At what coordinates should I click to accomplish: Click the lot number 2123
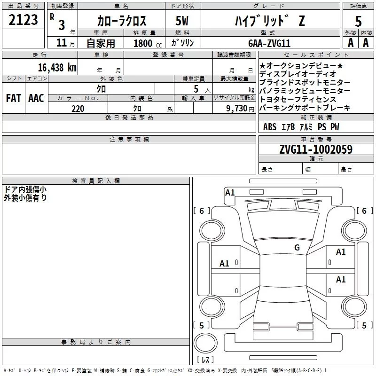[23, 21]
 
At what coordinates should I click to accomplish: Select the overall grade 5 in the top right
[359, 21]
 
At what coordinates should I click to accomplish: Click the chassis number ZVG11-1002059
[316, 149]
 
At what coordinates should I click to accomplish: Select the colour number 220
[78, 109]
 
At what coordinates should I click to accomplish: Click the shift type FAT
[14, 98]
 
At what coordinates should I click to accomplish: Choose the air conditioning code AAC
[36, 98]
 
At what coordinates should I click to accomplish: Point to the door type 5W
[183, 21]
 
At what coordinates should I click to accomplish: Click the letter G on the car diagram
[297, 248]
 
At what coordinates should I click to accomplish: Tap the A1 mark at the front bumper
[230, 192]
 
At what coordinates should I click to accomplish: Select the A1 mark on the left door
[225, 264]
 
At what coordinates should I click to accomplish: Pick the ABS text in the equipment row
[270, 127]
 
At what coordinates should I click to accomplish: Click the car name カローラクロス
[121, 21]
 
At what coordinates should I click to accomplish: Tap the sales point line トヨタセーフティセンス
[298, 99]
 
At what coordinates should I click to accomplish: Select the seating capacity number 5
[195, 88]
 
